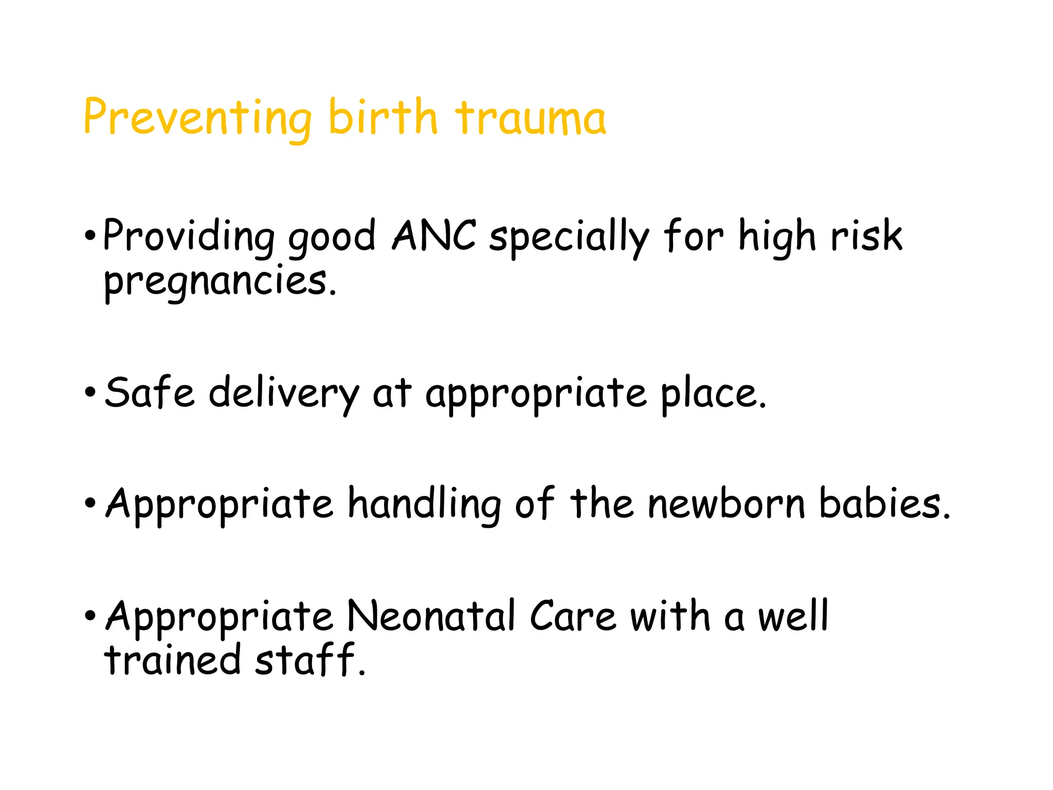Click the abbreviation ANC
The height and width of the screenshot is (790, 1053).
[434, 236]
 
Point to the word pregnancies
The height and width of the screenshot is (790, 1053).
[220, 282]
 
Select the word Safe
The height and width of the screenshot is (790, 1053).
[150, 393]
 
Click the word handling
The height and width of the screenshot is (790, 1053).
[424, 504]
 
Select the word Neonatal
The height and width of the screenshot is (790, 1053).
[431, 616]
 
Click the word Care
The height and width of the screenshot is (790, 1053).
[573, 616]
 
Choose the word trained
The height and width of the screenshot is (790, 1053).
[172, 660]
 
